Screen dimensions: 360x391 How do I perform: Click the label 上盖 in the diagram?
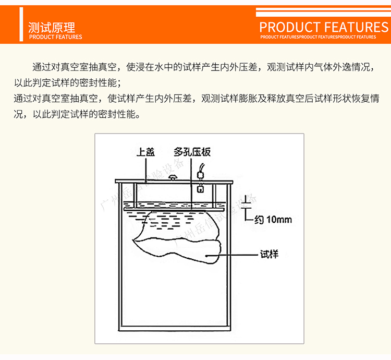point(145,153)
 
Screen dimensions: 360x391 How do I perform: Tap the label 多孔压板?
point(192,153)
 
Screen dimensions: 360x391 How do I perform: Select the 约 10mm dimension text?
point(273,220)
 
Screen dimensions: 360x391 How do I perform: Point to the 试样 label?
point(269,255)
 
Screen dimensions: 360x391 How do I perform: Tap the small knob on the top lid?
point(173,178)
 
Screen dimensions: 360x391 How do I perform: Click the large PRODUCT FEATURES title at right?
point(324,27)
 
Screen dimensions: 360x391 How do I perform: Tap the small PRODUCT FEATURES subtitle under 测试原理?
point(55,37)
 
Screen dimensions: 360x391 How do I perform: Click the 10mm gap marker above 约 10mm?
point(249,205)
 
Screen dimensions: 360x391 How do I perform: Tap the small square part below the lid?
point(200,189)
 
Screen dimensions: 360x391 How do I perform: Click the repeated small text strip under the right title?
point(318,37)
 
